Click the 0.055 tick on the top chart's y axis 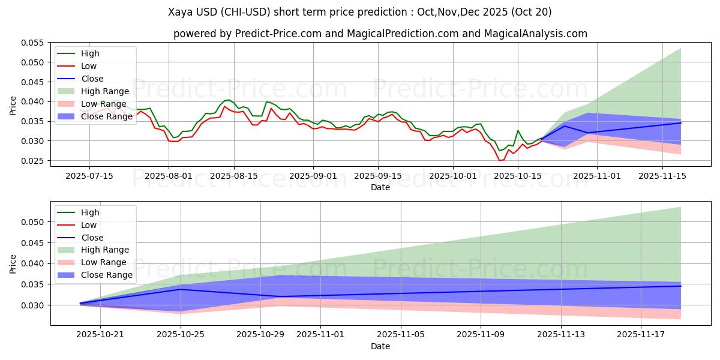(x=35, y=43)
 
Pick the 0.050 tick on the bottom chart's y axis (x=35, y=222)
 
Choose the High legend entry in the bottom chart (x=91, y=212)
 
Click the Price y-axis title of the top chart (x=13, y=104)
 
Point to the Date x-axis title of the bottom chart (x=380, y=346)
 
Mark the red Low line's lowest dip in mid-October (x=500, y=160)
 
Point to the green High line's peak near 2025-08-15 (x=229, y=100)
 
